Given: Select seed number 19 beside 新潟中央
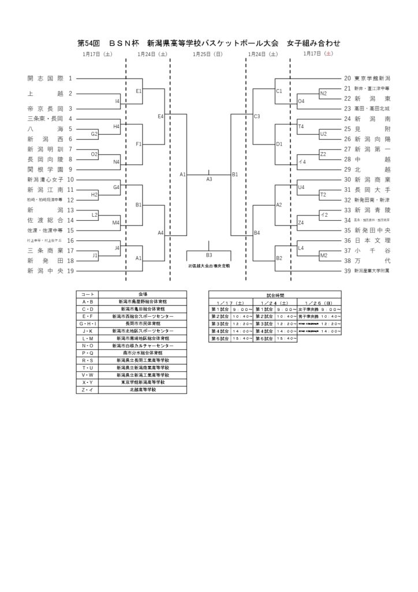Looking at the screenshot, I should tap(70, 271).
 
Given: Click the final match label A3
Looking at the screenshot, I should tap(209, 179).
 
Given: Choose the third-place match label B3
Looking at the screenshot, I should tap(209, 254).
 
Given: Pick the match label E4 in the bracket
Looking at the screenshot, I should tap(161, 117).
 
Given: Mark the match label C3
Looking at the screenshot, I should tap(257, 117).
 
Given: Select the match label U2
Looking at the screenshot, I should tap(323, 134).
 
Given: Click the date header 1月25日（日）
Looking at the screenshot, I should tap(208, 54).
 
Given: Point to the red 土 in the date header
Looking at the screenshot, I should tap(329, 54).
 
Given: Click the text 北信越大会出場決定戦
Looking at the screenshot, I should tap(209, 265).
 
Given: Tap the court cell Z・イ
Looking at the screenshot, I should tap(88, 390).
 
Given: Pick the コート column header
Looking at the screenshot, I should tap(88, 294).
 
